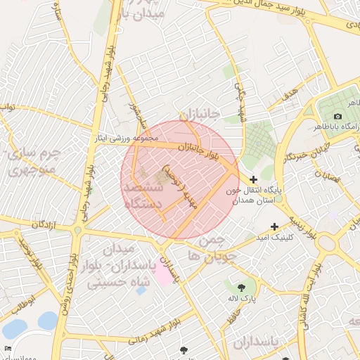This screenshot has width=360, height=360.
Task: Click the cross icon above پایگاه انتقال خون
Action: coord(253,180)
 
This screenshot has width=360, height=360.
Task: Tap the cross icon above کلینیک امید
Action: coord(274,226)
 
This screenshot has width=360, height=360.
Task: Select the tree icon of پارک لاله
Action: coord(242,288)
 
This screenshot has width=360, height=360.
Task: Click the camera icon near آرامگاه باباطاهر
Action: coord(338,116)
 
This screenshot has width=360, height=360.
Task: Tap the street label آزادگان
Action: coord(41,224)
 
